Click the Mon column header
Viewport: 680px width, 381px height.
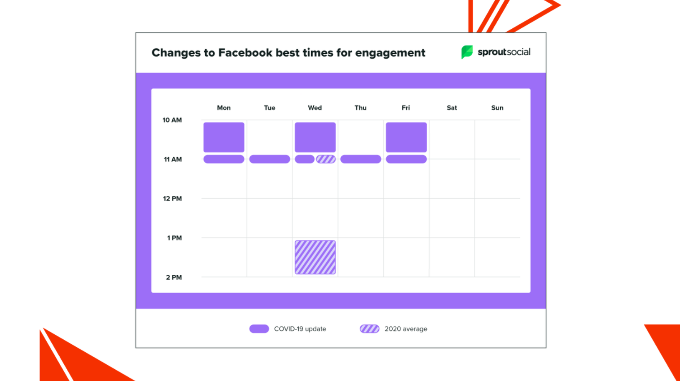[224, 108]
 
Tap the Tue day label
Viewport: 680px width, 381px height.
[269, 108]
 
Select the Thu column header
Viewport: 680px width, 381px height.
[360, 108]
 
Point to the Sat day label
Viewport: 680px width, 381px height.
[452, 108]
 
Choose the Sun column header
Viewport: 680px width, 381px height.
[497, 108]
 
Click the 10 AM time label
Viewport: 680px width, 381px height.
[172, 120]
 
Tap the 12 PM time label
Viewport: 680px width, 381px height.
[172, 199]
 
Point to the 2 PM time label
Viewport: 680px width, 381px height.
[174, 277]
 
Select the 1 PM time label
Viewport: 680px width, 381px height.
[174, 238]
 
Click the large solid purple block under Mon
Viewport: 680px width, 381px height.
[224, 137]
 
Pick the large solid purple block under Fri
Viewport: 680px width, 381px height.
[406, 137]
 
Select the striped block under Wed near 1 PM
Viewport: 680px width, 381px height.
[315, 257]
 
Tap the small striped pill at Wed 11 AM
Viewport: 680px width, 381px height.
[326, 159]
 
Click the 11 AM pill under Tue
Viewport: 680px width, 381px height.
[269, 159]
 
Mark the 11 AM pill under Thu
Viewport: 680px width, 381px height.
[360, 159]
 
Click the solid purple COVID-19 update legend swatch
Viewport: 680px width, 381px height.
[259, 329]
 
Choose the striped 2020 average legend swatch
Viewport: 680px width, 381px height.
[370, 329]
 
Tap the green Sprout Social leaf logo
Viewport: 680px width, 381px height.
[467, 52]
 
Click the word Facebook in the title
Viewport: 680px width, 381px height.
[245, 53]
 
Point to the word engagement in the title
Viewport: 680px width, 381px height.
[390, 53]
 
